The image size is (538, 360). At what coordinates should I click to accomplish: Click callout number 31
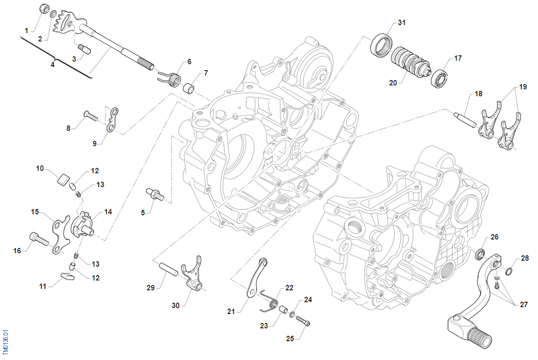[401, 23]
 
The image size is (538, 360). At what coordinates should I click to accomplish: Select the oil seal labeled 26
[479, 255]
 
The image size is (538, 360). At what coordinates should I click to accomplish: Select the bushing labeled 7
[188, 88]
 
